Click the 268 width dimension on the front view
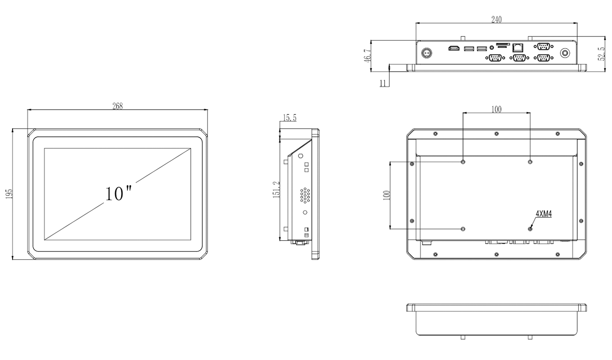tap(117, 106)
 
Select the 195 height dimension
tap(9, 194)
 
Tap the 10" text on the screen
tap(118, 193)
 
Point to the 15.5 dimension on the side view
tap(289, 118)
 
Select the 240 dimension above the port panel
tap(496, 19)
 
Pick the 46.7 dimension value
tap(367, 55)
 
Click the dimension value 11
tap(383, 83)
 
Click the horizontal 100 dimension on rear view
tap(496, 109)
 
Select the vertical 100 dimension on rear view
tap(386, 195)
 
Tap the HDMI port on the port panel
tap(453, 48)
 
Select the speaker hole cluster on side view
tap(305, 195)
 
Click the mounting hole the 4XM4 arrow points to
tap(530, 229)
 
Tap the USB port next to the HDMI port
tap(468, 48)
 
